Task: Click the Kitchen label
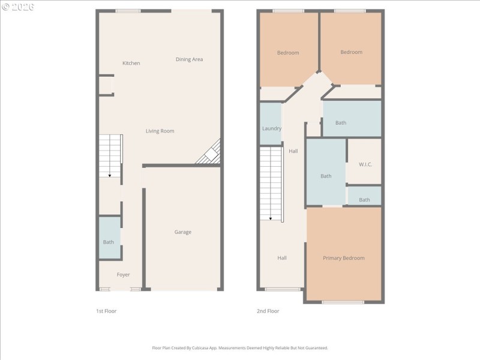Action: [131, 63]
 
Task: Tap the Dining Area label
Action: [189, 59]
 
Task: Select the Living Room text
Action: [160, 131]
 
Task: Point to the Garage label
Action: [183, 232]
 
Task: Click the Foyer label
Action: [123, 275]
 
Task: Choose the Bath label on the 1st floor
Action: [108, 242]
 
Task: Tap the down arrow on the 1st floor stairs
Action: [109, 174]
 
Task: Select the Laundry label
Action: [272, 128]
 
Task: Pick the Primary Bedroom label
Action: [344, 258]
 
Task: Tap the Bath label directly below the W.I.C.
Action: [364, 200]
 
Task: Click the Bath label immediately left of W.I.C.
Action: [326, 176]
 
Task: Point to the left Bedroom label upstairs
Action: [288, 53]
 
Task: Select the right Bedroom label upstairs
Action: [351, 52]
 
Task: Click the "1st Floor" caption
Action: [106, 311]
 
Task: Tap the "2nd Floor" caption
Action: [268, 311]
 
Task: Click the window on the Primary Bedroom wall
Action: [343, 302]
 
